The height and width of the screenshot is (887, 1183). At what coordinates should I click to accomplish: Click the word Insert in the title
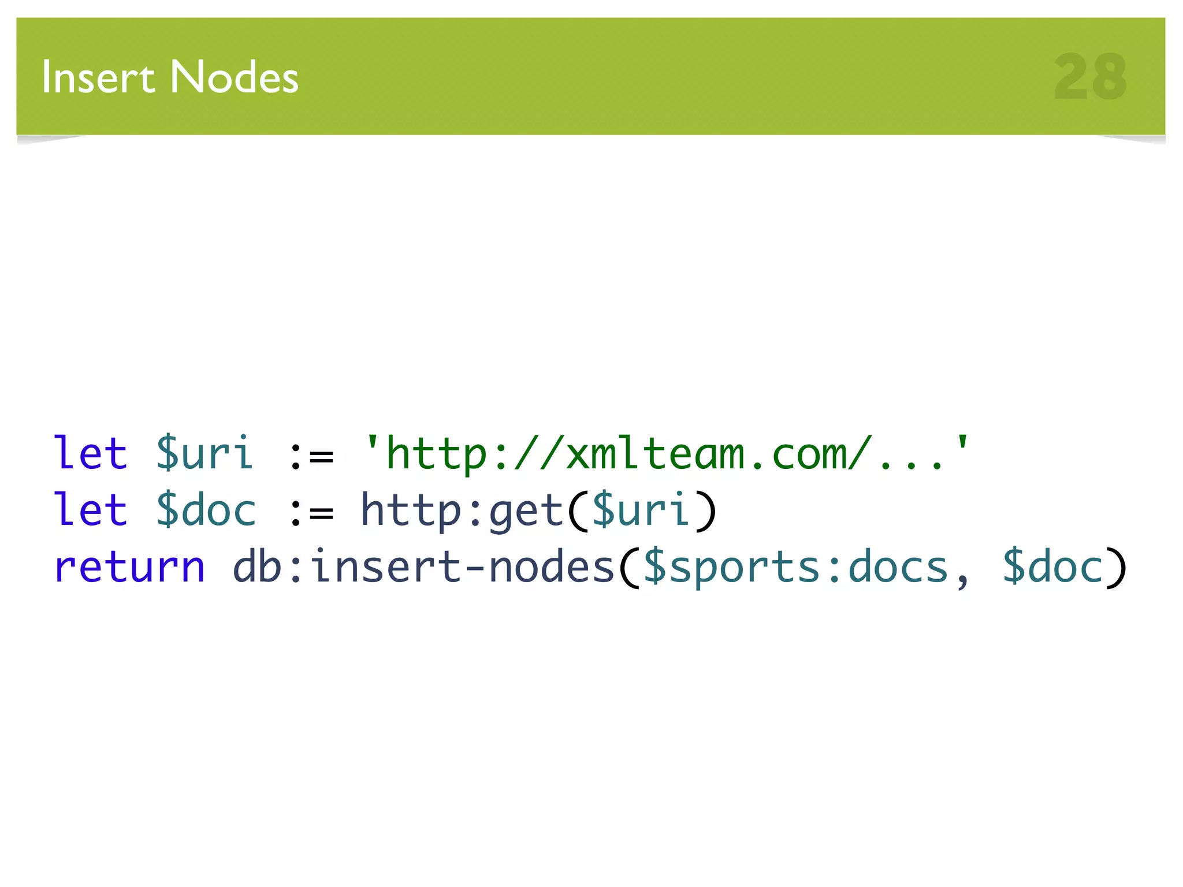point(98,77)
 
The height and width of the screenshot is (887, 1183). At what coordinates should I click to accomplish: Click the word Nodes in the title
point(235,77)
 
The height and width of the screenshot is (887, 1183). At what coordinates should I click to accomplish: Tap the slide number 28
point(1090,77)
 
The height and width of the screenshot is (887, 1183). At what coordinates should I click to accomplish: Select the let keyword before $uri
point(90,453)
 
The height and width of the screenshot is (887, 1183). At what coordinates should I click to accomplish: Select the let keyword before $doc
point(90,509)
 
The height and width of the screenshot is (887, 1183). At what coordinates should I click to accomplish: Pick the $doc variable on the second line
point(206,509)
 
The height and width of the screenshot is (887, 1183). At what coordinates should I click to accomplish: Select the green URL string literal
point(667,454)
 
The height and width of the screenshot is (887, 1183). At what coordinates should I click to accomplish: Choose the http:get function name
point(462,510)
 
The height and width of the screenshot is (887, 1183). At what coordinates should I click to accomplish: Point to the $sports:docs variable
point(795,568)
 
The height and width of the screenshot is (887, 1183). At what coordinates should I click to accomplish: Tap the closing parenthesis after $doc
point(1116,568)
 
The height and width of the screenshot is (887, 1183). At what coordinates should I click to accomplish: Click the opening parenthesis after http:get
point(578,510)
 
